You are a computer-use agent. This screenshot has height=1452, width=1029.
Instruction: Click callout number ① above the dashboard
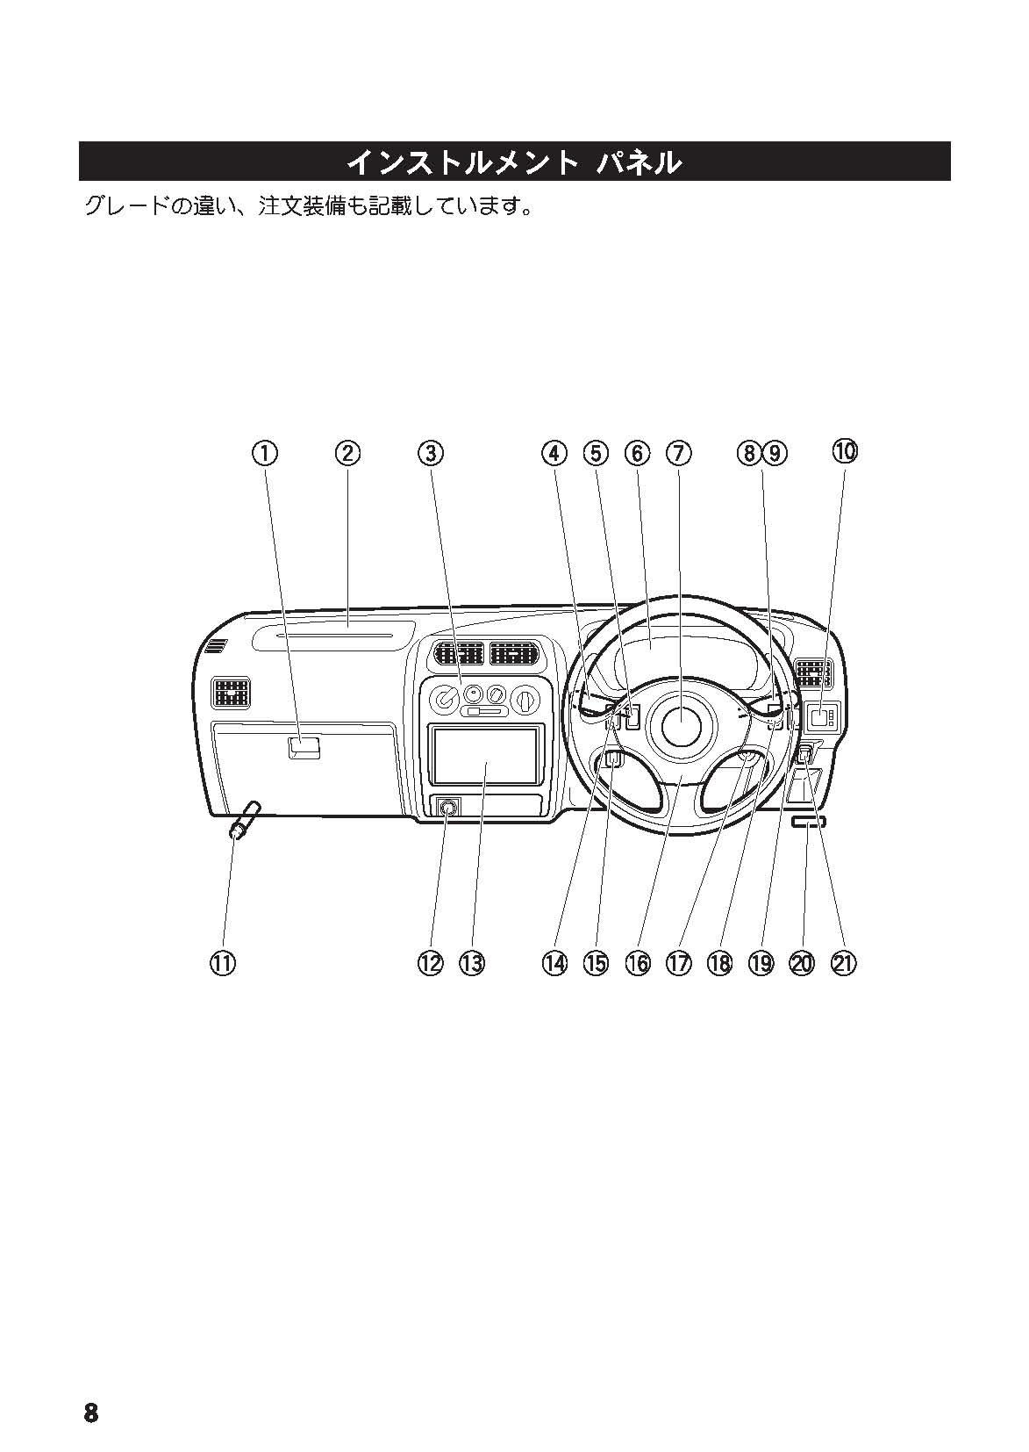(265, 453)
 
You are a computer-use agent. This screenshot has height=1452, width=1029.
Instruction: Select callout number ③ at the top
(430, 453)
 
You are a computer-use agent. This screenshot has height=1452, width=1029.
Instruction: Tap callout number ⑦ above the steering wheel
(679, 453)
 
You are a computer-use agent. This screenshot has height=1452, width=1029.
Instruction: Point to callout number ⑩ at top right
(845, 451)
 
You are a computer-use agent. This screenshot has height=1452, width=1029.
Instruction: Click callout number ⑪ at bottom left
(223, 963)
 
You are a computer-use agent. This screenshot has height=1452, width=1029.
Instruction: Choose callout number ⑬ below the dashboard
(472, 963)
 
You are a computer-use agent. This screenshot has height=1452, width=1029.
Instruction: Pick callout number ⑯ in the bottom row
(638, 963)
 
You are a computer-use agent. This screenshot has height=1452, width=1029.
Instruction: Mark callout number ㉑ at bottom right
(843, 963)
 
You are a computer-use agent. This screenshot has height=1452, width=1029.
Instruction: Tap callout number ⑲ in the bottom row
(761, 963)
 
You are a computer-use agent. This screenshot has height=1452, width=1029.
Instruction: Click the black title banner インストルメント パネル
(514, 162)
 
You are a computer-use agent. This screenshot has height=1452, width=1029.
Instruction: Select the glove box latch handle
(304, 748)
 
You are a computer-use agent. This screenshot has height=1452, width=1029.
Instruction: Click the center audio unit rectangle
(484, 756)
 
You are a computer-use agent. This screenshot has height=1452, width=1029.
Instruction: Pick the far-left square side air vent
(231, 694)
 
